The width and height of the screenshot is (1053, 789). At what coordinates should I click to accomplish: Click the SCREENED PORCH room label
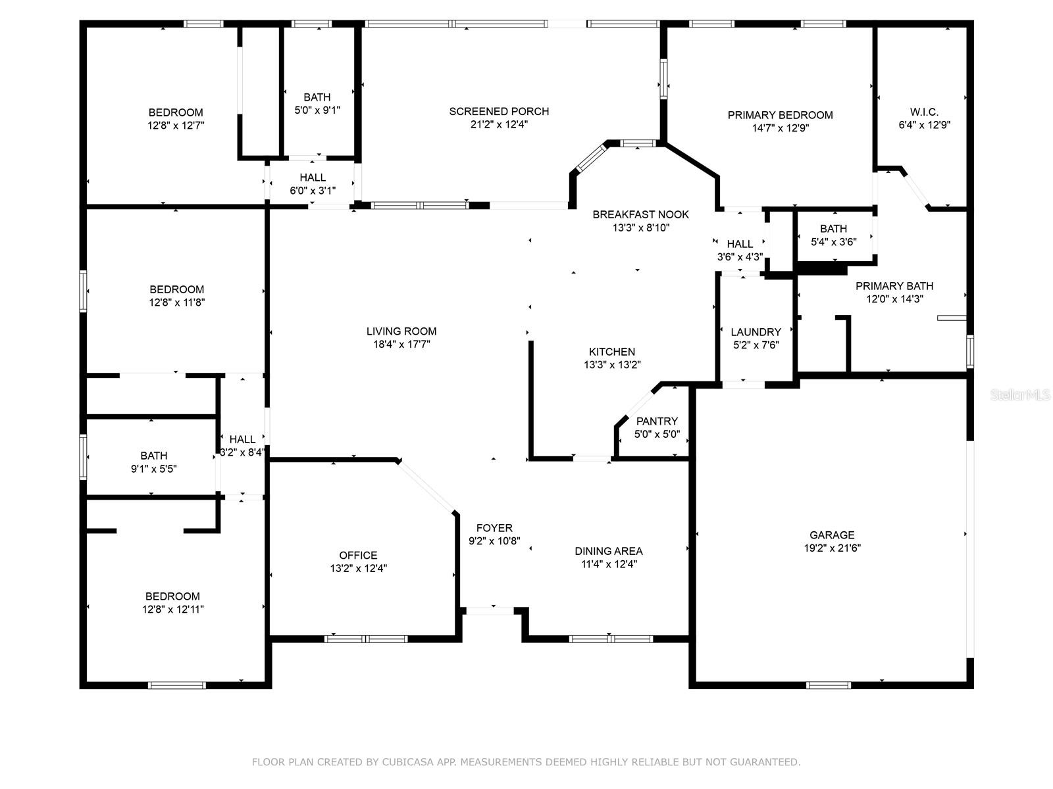tap(499, 111)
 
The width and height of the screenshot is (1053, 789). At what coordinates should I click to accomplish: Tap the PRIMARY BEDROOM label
tap(780, 115)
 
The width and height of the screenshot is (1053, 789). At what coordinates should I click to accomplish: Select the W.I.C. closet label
tap(924, 112)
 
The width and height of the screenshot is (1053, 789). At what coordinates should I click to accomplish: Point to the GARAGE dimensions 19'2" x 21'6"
tap(833, 548)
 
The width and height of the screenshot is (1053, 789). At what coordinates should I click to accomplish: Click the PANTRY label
tap(657, 421)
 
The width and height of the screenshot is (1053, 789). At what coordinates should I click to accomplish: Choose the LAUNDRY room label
tap(756, 332)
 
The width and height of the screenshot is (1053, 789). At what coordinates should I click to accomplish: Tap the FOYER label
tap(494, 528)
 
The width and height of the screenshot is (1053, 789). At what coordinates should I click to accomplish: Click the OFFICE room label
tap(358, 555)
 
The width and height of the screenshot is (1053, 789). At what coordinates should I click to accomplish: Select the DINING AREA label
tap(609, 551)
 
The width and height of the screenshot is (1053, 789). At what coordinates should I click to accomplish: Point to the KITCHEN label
tap(611, 352)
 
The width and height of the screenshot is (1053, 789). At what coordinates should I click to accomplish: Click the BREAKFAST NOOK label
tap(640, 214)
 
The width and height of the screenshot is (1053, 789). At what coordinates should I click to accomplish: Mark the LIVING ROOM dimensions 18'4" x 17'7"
tap(401, 344)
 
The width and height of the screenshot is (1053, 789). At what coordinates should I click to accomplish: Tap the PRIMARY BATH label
tap(894, 286)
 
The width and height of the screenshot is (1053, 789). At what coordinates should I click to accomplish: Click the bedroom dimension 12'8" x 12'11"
tap(172, 610)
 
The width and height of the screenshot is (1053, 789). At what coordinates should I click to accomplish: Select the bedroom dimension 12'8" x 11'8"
tap(177, 302)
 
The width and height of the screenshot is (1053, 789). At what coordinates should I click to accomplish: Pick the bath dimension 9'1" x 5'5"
tap(153, 469)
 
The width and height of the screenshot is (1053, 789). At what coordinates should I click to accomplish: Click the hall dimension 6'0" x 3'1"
tap(313, 191)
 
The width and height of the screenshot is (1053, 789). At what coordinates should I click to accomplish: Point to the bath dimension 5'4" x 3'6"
tap(833, 242)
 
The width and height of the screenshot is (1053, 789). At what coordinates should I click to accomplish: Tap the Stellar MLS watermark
tap(1019, 394)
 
